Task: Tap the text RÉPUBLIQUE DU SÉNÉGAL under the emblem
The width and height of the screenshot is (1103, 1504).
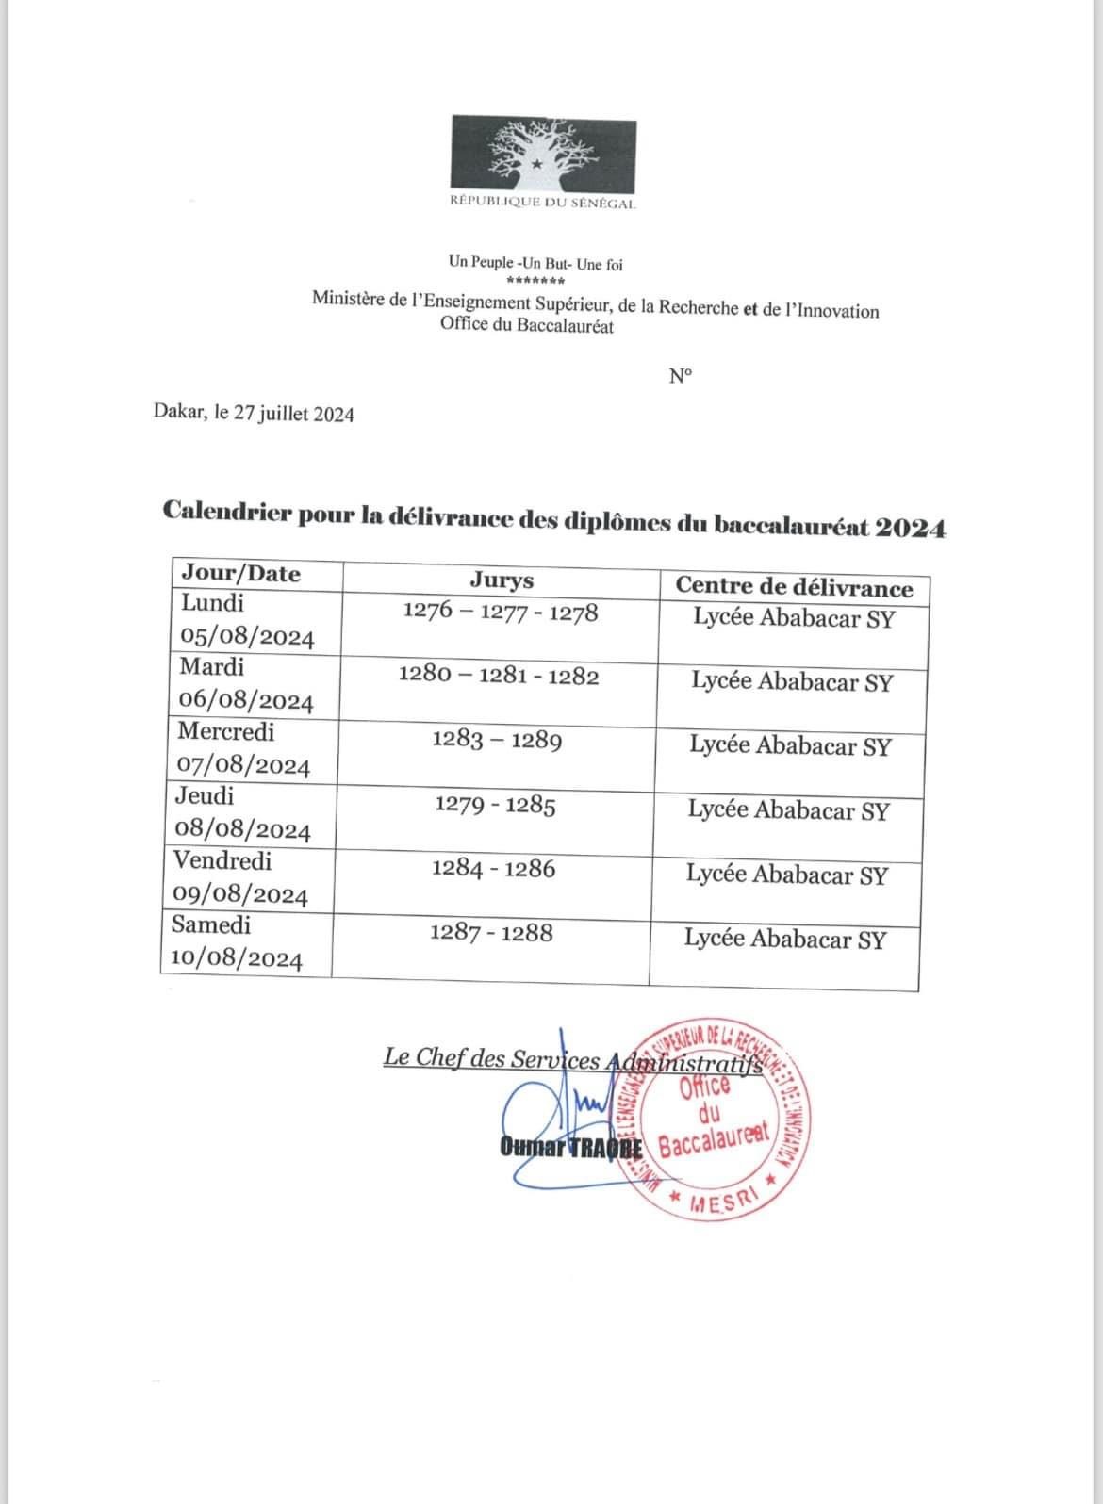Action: [542, 204]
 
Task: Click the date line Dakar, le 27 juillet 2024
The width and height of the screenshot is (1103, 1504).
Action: [254, 414]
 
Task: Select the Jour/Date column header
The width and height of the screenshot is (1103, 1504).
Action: [241, 574]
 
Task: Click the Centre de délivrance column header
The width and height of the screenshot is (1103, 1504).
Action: [794, 588]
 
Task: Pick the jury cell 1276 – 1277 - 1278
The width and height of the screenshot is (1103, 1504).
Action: [500, 613]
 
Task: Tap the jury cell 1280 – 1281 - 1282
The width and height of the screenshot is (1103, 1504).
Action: [499, 677]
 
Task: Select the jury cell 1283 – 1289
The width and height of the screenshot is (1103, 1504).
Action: [497, 741]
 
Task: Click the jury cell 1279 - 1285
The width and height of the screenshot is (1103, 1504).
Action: [496, 806]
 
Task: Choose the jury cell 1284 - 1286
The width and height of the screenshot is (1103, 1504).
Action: [494, 869]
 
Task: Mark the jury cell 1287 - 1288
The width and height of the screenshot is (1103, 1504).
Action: [492, 933]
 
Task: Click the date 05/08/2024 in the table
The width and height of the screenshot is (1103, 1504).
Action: [247, 638]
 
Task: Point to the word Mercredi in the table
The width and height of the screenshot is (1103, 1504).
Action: [226, 731]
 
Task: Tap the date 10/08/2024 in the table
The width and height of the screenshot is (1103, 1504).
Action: [237, 959]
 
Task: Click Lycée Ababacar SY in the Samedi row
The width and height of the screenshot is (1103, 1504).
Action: [785, 939]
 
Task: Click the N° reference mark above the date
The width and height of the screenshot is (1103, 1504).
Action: [681, 376]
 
